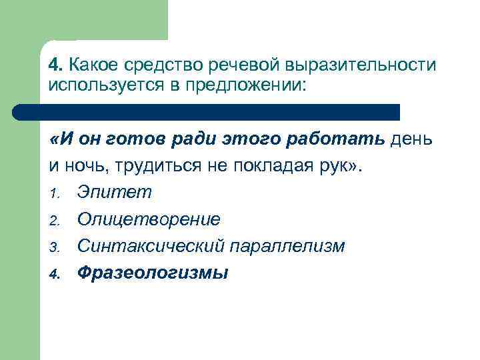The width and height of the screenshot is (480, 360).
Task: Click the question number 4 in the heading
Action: [x=55, y=65]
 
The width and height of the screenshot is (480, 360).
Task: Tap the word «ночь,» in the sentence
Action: [x=83, y=166]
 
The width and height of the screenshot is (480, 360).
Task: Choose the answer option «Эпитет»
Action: [x=114, y=193]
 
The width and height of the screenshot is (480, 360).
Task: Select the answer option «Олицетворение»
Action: [x=148, y=219]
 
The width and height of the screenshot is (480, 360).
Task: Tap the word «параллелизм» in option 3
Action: [x=288, y=246]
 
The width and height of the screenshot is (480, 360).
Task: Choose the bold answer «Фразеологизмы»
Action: [x=152, y=273]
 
